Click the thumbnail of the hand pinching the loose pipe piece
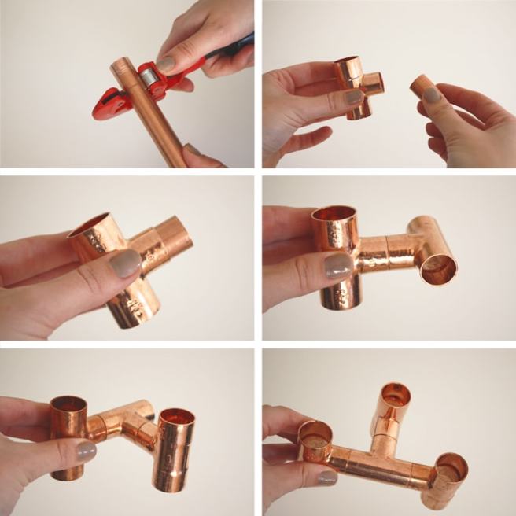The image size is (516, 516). tap(432, 95)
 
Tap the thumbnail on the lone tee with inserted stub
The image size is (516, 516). tap(125, 264)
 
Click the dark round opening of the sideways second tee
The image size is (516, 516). tap(438, 269)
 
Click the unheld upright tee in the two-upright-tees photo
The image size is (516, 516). tap(175, 448)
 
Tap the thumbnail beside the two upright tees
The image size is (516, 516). tap(86, 451)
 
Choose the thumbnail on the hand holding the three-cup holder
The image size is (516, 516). tap(327, 477)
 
